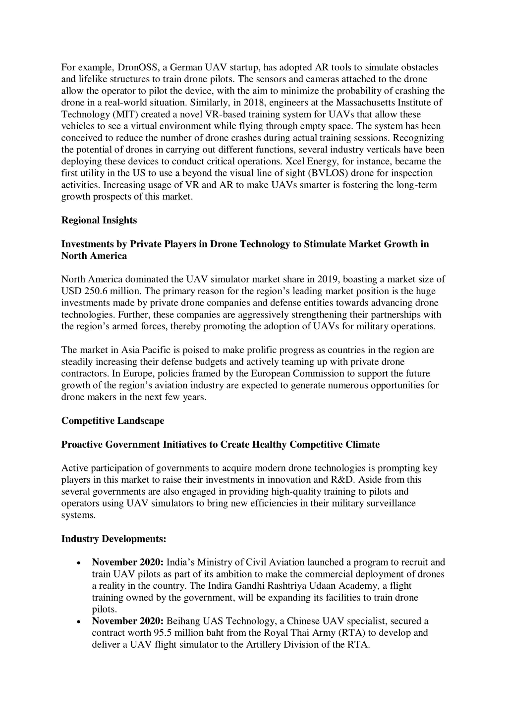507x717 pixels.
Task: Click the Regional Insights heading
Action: pos(99,220)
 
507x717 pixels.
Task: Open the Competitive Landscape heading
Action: pos(112,421)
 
